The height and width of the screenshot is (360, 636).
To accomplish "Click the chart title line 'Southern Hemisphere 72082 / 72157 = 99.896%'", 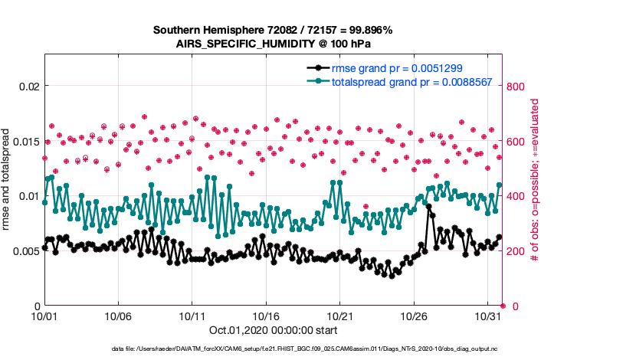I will pos(273,30).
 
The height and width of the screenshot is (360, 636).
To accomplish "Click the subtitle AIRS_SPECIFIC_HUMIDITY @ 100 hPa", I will pos(273,44).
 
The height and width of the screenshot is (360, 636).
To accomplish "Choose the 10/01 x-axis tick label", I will pos(44,316).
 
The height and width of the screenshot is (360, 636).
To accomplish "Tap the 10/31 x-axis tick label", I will pos(488,316).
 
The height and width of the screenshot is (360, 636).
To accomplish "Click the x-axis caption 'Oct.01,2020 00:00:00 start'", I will pos(273,331).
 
